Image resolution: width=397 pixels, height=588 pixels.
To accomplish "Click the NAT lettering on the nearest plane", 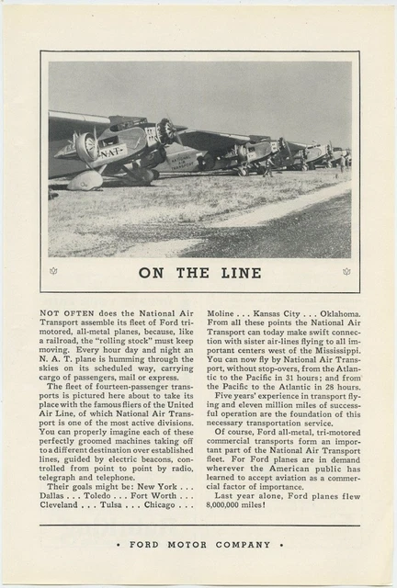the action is pyautogui.click(x=109, y=153).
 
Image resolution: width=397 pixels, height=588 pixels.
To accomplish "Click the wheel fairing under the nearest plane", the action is pyautogui.click(x=85, y=181).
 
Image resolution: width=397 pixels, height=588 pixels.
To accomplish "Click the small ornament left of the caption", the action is pyautogui.click(x=52, y=271).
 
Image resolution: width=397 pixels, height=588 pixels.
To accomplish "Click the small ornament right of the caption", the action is pyautogui.click(x=346, y=271).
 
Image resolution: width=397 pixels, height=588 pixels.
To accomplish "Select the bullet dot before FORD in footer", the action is pyautogui.click(x=120, y=544).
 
